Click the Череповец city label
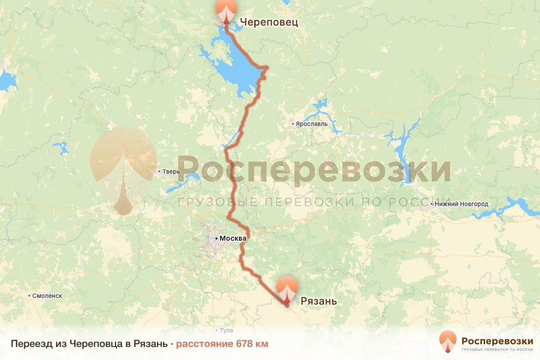pos(269,22)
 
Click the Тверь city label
pos(171,171)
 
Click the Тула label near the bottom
pos(226,330)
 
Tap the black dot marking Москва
pos(216,238)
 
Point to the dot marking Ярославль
pos(292,123)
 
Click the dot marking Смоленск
pos(30,296)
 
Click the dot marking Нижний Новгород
pos(432,204)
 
